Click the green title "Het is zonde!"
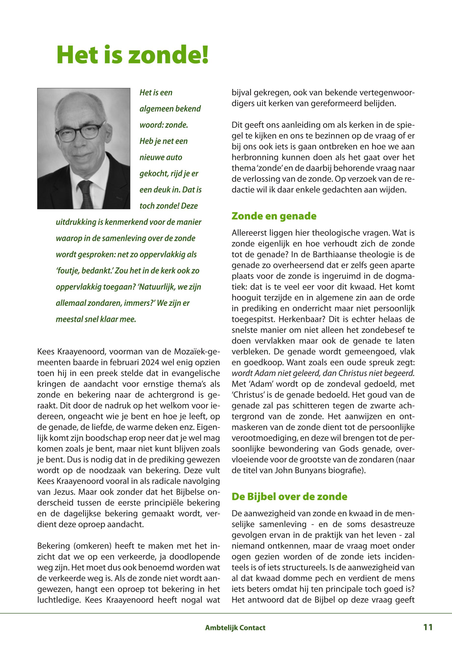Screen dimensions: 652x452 tap(133, 54)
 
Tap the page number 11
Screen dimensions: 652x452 tap(428, 627)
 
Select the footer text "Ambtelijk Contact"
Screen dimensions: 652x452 tap(235, 628)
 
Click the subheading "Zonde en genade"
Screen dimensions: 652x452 tap(274, 216)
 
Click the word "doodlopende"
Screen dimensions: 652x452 tap(195, 557)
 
